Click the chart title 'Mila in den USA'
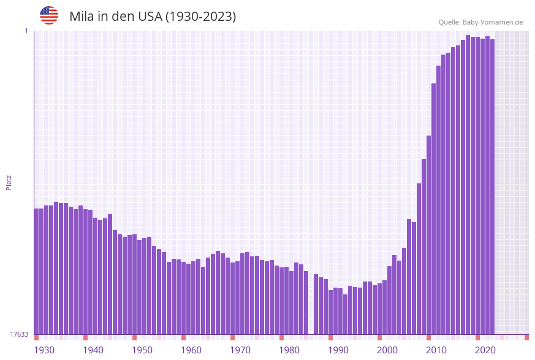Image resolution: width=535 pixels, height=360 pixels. point(153,17)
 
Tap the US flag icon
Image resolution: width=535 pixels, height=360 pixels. point(49,15)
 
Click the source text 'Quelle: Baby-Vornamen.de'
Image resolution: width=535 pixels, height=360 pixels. point(480,22)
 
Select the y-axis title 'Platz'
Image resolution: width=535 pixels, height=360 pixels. point(9,182)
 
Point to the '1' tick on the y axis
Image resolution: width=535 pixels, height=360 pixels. point(26,31)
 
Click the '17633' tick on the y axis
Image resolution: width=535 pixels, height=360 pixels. point(18,334)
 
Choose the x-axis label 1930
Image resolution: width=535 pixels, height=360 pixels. point(44,350)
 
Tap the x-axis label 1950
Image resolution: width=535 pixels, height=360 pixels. point(142,350)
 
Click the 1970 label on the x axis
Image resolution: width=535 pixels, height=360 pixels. point(240,350)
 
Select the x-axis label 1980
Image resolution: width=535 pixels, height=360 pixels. point(289,350)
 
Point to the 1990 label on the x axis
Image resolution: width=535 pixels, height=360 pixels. point(338,350)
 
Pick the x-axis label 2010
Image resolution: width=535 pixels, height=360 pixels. point(436,350)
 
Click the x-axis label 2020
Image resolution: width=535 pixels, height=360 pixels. point(485,350)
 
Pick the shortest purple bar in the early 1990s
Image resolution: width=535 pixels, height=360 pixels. point(345,314)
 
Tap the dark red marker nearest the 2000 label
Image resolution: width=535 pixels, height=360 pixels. point(379,337)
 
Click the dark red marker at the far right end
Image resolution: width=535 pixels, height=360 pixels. point(526,337)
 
